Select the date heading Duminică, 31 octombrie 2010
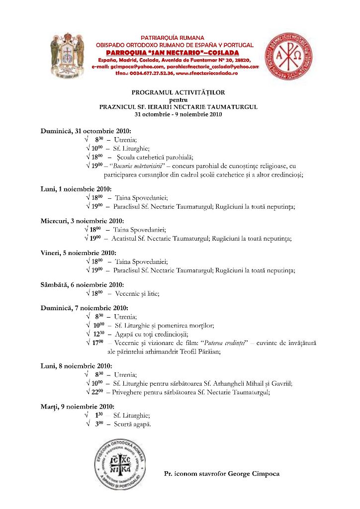pos(86,131)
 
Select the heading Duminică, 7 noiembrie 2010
pos(84,308)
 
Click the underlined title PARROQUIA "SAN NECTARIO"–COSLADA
pos(172,52)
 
